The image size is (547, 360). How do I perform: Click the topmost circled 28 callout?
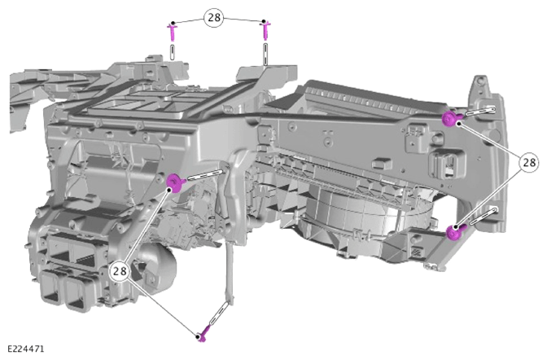click(214, 17)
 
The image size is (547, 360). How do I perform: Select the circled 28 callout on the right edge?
click(529, 162)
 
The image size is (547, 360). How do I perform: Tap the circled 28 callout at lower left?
click(120, 270)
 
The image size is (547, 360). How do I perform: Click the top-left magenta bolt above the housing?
click(173, 31)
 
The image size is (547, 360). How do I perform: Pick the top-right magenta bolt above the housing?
click(265, 30)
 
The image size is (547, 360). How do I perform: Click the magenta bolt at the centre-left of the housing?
click(176, 182)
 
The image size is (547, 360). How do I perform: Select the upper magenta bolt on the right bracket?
click(452, 119)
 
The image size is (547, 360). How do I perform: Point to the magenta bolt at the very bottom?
click(204, 333)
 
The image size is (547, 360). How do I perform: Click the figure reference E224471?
click(26, 349)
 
